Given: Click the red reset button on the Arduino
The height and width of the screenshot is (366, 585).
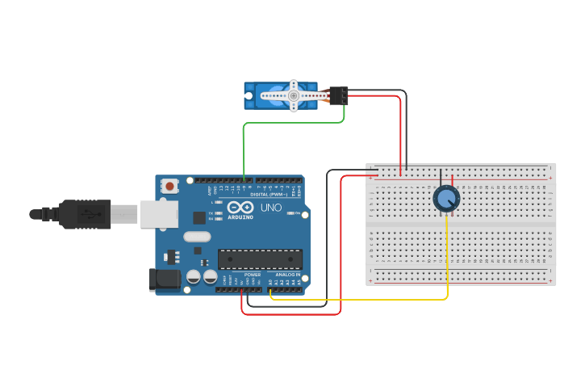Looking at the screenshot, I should pyautogui.click(x=169, y=186).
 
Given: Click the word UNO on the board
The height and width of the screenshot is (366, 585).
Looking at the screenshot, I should pyautogui.click(x=271, y=208).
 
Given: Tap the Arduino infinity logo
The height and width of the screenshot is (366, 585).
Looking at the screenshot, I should pyautogui.click(x=240, y=207).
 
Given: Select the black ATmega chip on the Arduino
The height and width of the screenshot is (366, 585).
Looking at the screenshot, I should pyautogui.click(x=260, y=259).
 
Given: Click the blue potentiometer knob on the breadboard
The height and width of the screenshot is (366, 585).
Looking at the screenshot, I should pyautogui.click(x=446, y=198).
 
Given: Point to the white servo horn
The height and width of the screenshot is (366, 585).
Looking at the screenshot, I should pyautogui.click(x=293, y=95).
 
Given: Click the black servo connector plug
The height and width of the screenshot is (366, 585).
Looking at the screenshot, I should pyautogui.click(x=339, y=95).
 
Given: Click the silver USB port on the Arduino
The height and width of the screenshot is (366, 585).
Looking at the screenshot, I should pyautogui.click(x=159, y=214).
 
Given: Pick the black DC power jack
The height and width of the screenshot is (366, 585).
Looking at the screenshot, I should pyautogui.click(x=163, y=280).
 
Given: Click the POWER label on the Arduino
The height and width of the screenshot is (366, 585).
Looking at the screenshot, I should pyautogui.click(x=253, y=275).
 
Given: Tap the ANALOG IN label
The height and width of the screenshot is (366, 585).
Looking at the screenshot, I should pyautogui.click(x=287, y=275).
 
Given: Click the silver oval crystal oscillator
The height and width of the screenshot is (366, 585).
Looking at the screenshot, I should pyautogui.click(x=197, y=237).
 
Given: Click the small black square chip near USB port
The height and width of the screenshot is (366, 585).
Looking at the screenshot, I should pyautogui.click(x=198, y=217).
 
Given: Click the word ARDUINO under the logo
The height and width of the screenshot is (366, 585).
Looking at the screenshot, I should pyautogui.click(x=240, y=217).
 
